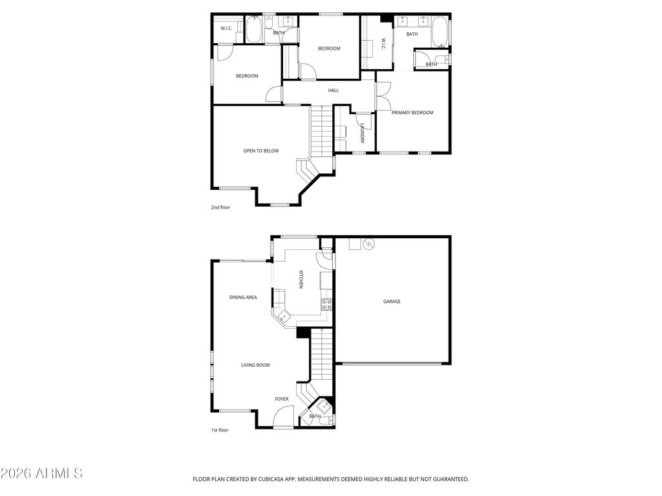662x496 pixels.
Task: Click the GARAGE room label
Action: (x=392, y=301)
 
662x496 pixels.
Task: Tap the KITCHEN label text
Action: (x=301, y=279)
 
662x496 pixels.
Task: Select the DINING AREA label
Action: (x=243, y=298)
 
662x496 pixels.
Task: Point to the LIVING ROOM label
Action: (x=255, y=365)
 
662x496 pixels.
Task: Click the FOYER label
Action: (x=282, y=399)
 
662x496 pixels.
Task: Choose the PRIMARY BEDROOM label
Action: (x=412, y=112)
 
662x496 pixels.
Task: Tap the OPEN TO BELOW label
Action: (x=261, y=151)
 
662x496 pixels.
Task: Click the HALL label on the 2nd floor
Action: (x=334, y=90)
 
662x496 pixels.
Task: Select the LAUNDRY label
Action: (x=363, y=133)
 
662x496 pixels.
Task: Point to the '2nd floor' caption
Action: (x=220, y=207)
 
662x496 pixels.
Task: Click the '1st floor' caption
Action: (x=220, y=429)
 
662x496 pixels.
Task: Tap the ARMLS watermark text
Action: (x=42, y=473)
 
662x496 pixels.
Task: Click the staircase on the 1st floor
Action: (x=321, y=355)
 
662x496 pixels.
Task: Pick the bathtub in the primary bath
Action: (x=440, y=32)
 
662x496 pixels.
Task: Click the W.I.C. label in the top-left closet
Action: (x=226, y=28)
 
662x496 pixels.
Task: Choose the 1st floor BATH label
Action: (x=315, y=417)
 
